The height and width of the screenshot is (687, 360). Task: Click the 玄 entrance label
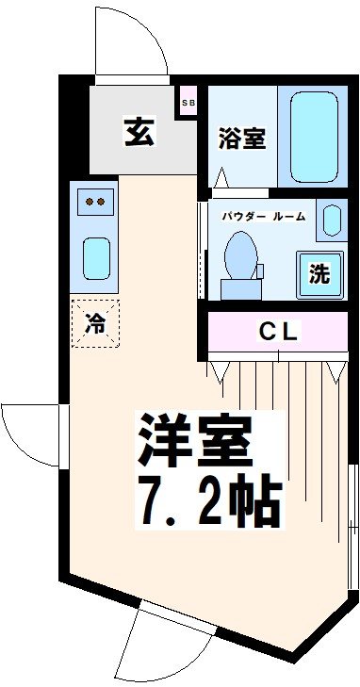pyautogui.click(x=139, y=131)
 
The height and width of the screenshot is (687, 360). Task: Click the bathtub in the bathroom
pyautogui.click(x=314, y=137)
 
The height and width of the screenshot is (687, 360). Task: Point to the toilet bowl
pyautogui.click(x=240, y=256)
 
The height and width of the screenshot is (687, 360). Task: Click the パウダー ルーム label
pyautogui.click(x=263, y=217)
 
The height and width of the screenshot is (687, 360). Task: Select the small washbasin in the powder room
pyautogui.click(x=332, y=220)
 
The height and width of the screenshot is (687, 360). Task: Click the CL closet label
pyautogui.click(x=278, y=332)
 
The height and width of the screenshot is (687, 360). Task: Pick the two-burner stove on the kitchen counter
pyautogui.click(x=95, y=202)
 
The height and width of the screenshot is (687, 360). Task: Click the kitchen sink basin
pyautogui.click(x=96, y=258)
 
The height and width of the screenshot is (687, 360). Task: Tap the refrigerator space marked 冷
pyautogui.click(x=95, y=324)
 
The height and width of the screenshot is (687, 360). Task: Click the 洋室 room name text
pyautogui.click(x=195, y=441)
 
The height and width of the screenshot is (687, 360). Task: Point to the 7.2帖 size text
pyautogui.click(x=209, y=500)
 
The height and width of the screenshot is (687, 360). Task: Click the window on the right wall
pyautogui.click(x=352, y=527)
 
